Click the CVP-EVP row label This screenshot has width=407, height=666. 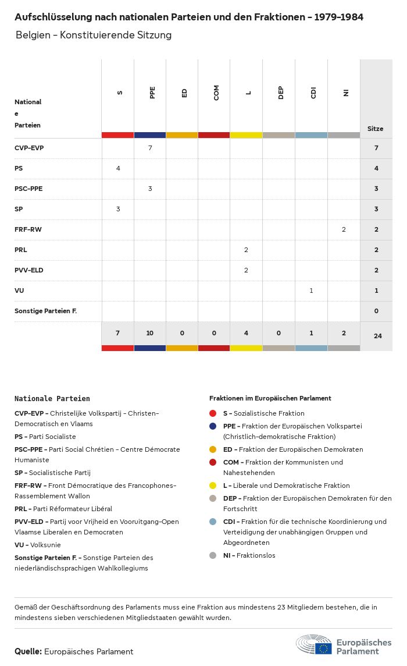[29, 148]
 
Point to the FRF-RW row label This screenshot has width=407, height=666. [28, 229]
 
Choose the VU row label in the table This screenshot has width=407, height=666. [19, 291]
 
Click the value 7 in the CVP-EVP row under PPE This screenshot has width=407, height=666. [150, 148]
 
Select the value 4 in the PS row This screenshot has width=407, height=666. [118, 168]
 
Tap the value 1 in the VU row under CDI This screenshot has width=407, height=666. [312, 291]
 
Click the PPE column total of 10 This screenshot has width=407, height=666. [150, 333]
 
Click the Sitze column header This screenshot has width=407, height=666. [376, 129]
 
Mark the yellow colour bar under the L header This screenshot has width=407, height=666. [247, 135]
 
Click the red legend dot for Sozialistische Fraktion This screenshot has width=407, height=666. [213, 413]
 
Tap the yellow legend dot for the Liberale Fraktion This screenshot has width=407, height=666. [213, 486]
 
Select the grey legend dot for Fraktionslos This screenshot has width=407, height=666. [213, 555]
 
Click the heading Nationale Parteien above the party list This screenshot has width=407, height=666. [52, 399]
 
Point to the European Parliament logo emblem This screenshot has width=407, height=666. [314, 645]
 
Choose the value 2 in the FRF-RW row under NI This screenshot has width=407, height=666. [344, 229]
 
